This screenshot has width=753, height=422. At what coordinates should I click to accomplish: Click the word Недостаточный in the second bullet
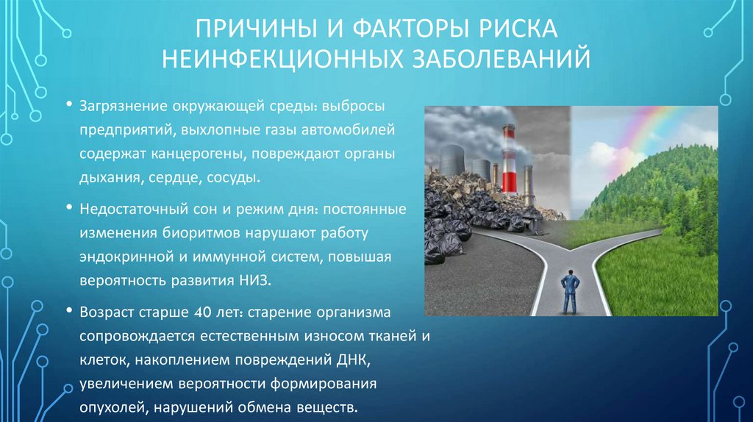pyautogui.click(x=126, y=210)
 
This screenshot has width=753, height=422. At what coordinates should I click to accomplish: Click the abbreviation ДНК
pyautogui.click(x=341, y=360)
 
